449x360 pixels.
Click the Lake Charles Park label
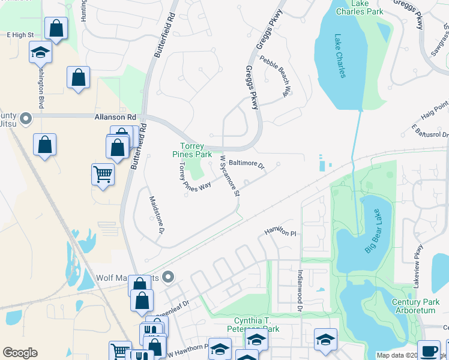(x=360, y=7)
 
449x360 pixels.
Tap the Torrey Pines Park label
(x=192, y=151)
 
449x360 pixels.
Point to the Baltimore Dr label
(x=247, y=163)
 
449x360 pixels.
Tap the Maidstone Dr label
(x=155, y=214)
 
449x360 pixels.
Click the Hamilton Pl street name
(x=280, y=233)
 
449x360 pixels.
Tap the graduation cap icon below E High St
(x=40, y=52)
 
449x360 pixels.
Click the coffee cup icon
(x=429, y=350)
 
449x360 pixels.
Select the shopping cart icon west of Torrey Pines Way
(x=103, y=175)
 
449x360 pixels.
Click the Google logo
(x=20, y=352)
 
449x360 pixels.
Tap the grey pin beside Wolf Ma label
(x=168, y=277)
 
